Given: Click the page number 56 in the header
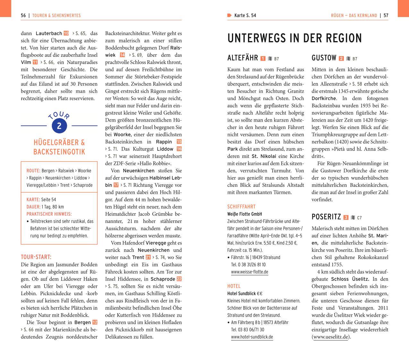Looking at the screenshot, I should (23, 15).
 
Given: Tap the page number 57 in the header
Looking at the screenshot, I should (386, 15).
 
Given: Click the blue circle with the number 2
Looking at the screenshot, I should (59, 126).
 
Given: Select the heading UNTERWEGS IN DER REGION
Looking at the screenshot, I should (294, 39).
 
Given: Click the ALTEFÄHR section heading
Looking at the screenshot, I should (243, 58).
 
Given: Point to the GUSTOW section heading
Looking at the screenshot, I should (324, 58).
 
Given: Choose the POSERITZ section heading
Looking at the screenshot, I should (326, 217).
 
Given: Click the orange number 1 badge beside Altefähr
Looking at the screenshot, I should (263, 58).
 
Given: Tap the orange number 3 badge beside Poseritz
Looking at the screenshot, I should (346, 218).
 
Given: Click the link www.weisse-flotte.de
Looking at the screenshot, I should (250, 272).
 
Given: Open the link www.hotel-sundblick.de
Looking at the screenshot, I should (252, 337).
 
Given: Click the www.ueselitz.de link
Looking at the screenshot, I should (331, 337).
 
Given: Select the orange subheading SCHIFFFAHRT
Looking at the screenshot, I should (241, 207).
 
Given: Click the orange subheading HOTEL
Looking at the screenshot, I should (234, 286).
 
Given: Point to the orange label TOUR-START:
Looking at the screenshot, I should (36, 257).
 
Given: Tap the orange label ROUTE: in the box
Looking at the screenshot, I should (33, 171).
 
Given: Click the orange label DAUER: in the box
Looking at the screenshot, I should (33, 207).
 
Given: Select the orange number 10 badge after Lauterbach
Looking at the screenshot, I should (66, 33).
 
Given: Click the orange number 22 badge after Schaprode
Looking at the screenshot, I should (179, 279).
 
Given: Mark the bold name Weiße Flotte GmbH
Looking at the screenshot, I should (244, 214).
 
